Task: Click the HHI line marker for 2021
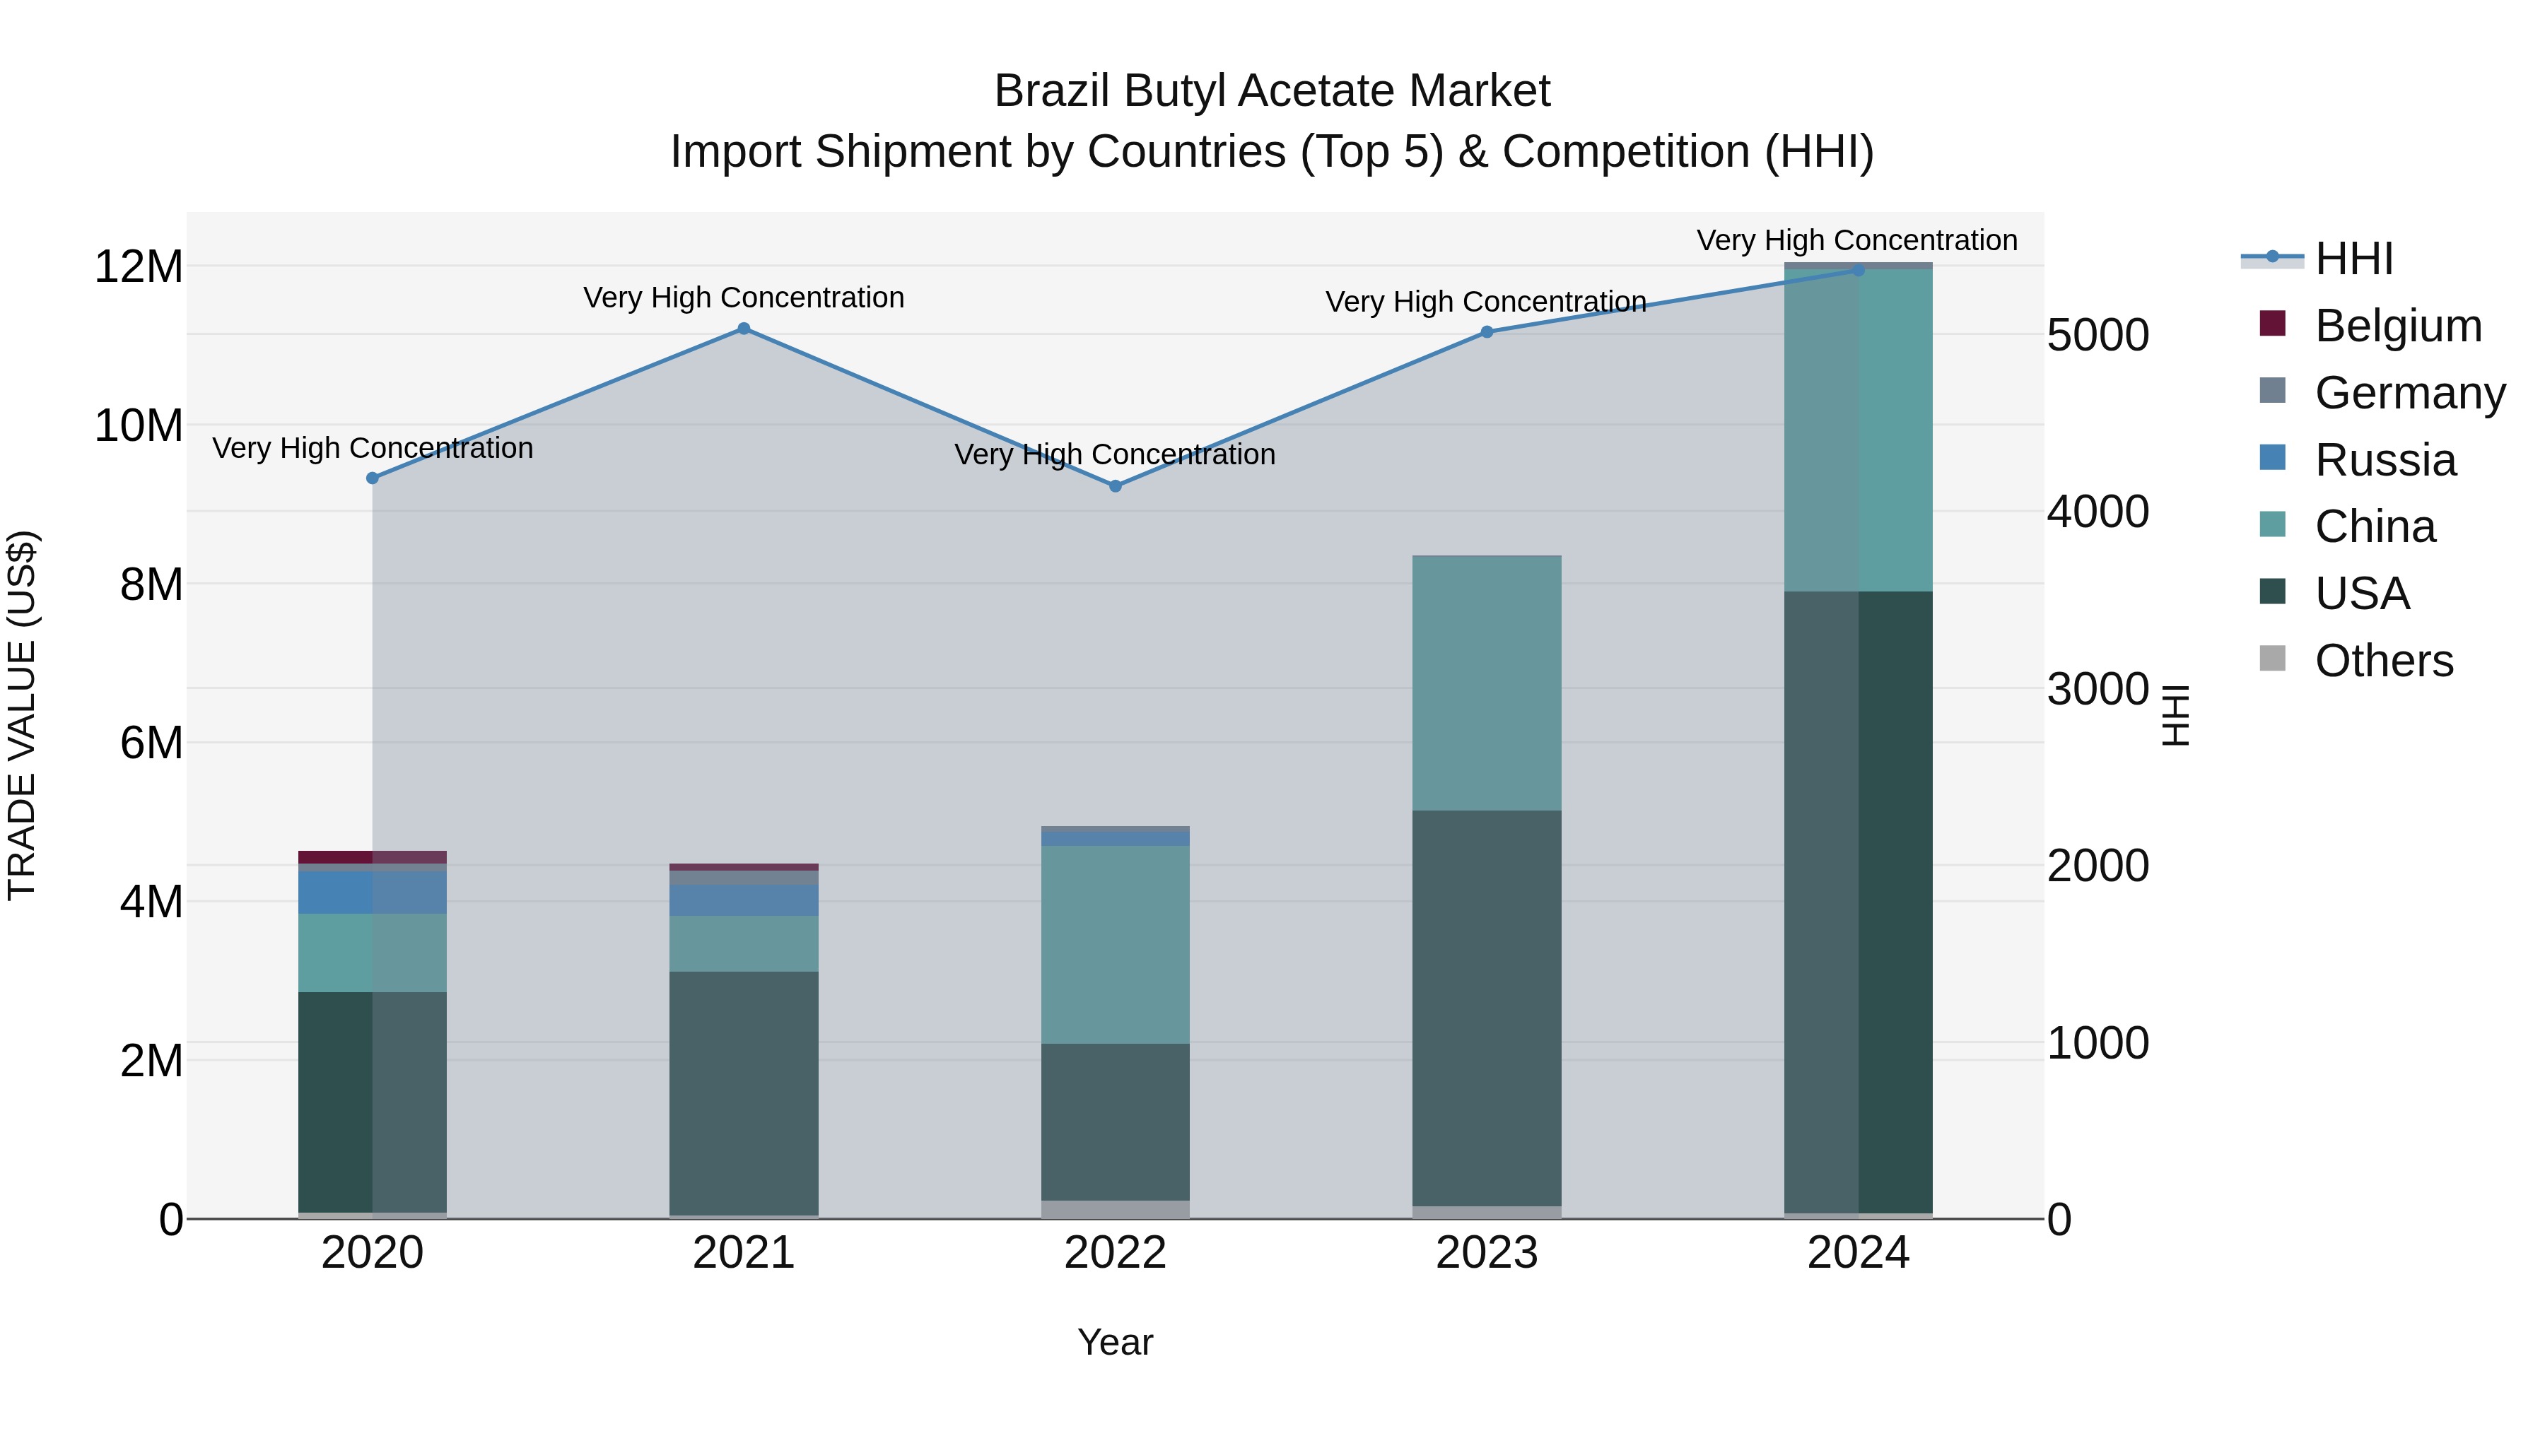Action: point(744,329)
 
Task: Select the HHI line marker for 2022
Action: point(1116,486)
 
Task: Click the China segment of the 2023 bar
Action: point(1487,683)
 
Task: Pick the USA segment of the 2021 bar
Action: point(744,1093)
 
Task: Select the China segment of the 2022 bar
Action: point(1116,944)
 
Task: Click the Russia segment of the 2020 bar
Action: point(373,892)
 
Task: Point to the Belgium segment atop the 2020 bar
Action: point(373,857)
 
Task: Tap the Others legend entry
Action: point(2383,661)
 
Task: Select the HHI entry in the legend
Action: point(2353,259)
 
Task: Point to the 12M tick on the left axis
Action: point(139,266)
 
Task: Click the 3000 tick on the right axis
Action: point(2098,688)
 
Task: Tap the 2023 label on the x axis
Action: point(1487,1253)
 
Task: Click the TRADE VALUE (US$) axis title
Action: point(22,715)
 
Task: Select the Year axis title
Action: point(1116,1342)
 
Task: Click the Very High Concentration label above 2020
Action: point(373,448)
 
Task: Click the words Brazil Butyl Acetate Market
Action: point(1272,91)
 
